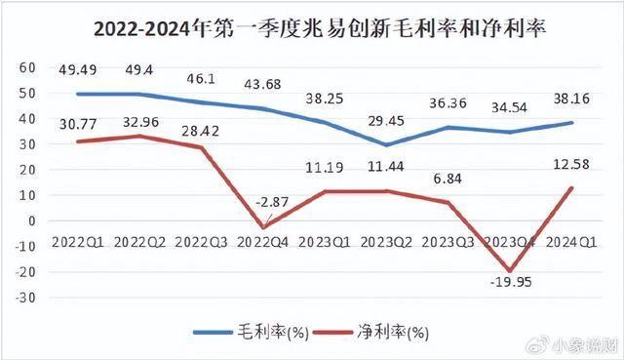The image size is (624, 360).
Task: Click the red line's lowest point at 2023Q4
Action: coord(507,270)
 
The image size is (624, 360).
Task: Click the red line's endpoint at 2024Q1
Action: coord(571,187)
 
